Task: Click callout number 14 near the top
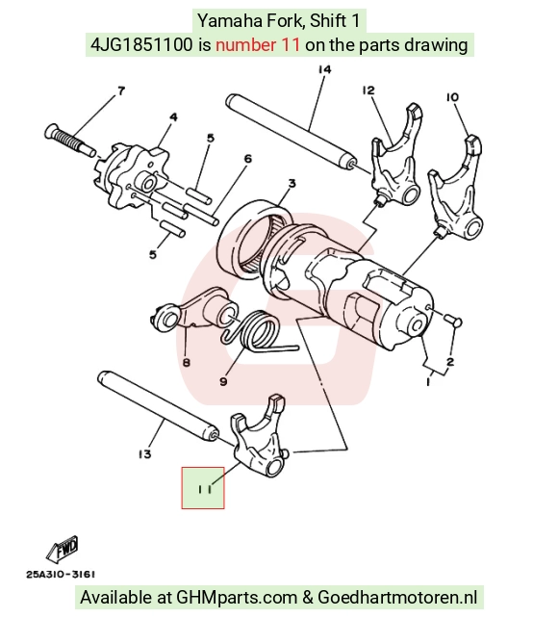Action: click(x=324, y=69)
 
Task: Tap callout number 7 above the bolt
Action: click(x=121, y=91)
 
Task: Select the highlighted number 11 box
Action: click(x=203, y=488)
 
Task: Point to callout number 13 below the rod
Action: click(x=145, y=454)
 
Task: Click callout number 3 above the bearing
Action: click(x=292, y=183)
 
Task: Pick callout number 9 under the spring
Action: click(x=223, y=381)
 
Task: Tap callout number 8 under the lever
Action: click(x=187, y=362)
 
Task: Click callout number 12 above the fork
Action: click(x=368, y=90)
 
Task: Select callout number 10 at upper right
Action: click(x=452, y=97)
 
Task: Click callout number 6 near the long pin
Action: click(x=247, y=159)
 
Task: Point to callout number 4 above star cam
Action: click(x=173, y=117)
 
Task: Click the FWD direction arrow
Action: click(x=63, y=549)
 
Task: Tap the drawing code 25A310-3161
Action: click(x=61, y=575)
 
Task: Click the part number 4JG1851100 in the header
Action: click(x=141, y=44)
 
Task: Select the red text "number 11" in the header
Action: click(x=258, y=44)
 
